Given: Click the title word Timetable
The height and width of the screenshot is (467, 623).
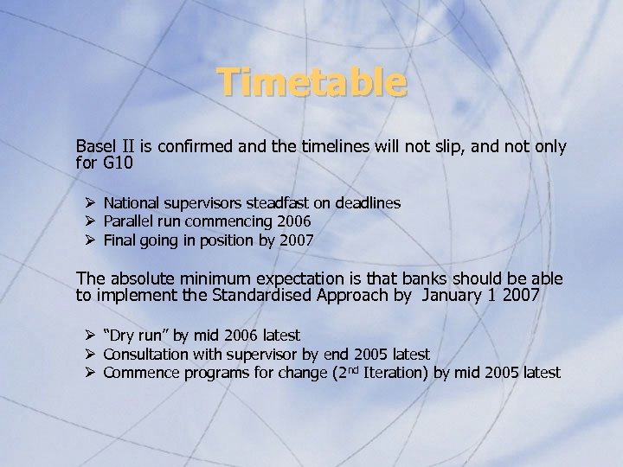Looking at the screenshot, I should point(311,83).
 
